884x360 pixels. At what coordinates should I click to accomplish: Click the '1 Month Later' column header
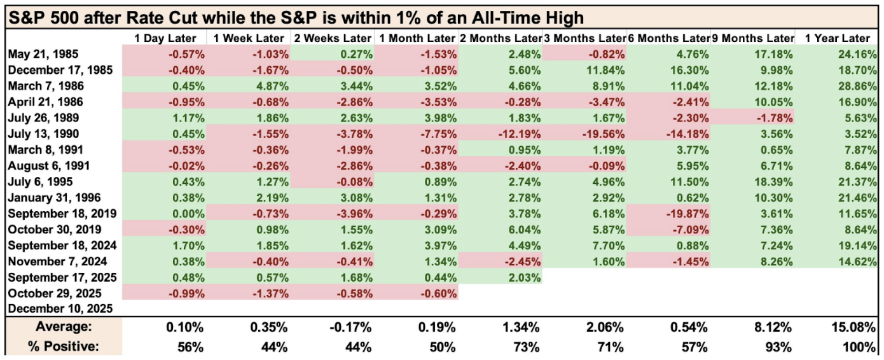417,39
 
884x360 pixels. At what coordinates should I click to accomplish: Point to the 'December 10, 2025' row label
60,309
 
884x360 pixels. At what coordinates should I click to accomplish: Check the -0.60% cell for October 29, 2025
439,293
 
